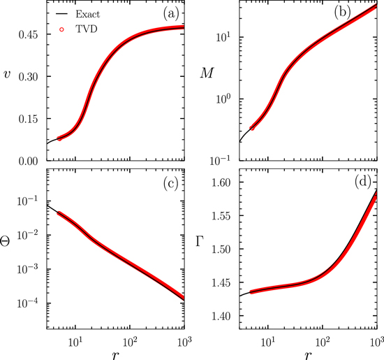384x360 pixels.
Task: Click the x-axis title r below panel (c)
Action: [116, 352]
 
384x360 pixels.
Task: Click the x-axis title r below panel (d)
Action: [307, 352]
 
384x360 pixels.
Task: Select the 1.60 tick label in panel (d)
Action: [225, 182]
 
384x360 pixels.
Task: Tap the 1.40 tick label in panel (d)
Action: [225, 316]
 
